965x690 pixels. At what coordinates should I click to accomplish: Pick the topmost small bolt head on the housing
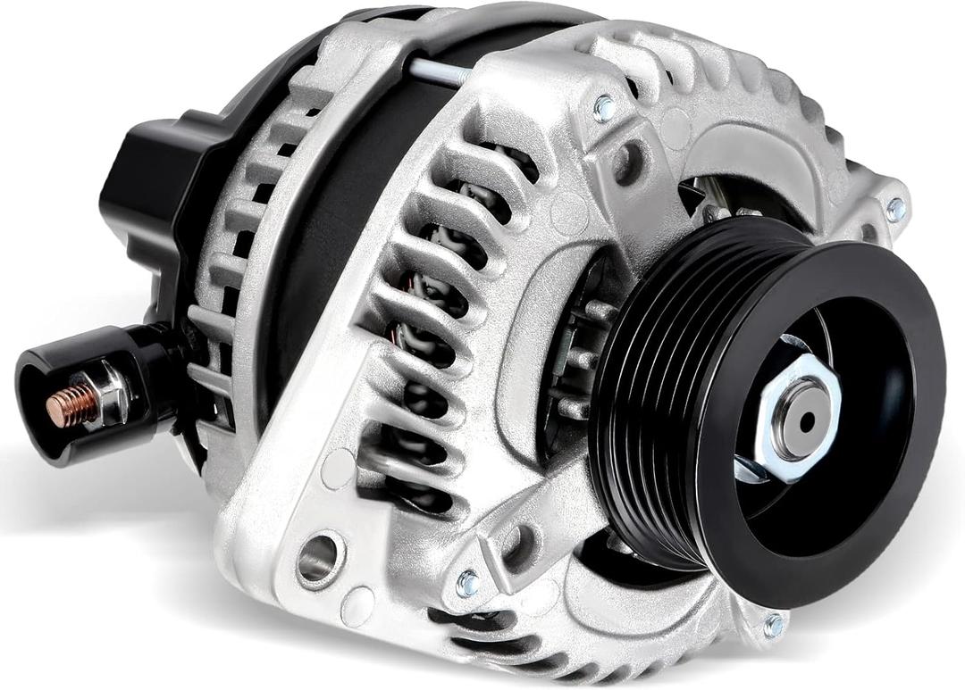605,109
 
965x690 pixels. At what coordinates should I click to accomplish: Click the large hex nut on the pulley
798,418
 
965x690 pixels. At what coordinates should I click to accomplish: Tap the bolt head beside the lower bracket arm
467,584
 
